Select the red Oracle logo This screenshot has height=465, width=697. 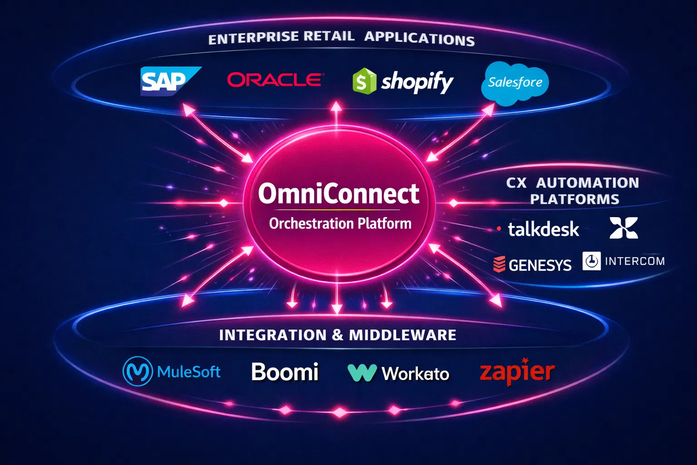275,80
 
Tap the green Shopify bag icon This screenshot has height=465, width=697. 364,81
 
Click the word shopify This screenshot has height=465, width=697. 417,82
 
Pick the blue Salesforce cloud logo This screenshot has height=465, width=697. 515,83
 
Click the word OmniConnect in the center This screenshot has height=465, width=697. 339,194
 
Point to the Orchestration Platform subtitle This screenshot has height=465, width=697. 340,223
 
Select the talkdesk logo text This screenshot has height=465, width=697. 543,229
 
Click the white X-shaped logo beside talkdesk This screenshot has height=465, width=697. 623,228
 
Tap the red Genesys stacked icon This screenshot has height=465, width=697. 499,264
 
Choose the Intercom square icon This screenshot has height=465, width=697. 591,261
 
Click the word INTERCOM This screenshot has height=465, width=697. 634,261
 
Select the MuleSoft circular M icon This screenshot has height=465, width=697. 137,371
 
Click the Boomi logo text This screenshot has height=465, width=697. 285,372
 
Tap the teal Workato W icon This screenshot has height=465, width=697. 362,373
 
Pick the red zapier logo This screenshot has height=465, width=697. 517,372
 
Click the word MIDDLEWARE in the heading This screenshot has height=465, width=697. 402,335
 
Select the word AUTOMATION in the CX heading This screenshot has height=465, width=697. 587,183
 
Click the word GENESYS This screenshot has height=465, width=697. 540,265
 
